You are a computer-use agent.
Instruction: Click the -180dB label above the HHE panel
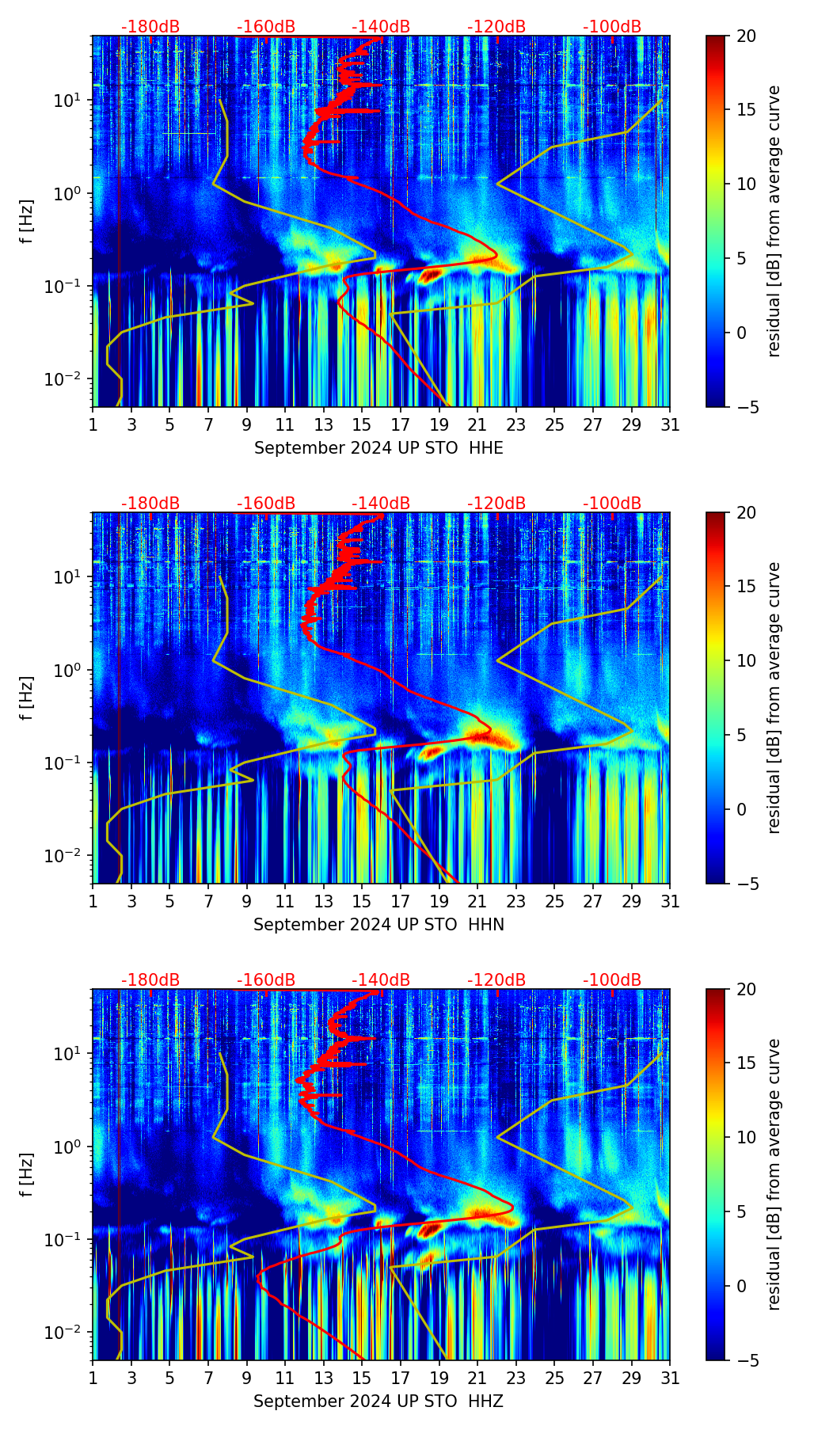coord(150,27)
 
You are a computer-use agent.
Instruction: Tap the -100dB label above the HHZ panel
coord(612,980)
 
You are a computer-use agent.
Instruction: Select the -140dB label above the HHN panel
coord(381,504)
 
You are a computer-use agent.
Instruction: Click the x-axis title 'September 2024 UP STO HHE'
coord(378,448)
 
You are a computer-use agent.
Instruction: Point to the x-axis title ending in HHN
coord(378,925)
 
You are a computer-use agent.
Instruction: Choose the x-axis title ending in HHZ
coord(378,1401)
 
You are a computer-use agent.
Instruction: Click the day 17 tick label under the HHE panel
coord(401,425)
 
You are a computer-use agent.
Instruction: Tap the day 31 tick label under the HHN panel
coord(670,902)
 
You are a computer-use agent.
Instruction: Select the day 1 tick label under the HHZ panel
coord(93,1379)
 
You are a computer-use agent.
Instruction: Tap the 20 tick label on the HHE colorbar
coord(746,36)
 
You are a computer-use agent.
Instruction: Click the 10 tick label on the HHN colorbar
coord(746,660)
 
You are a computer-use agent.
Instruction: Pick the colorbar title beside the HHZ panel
coord(774,1173)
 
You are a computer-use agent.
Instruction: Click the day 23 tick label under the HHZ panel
coord(516,1379)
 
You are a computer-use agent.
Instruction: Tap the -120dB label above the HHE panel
coord(496,27)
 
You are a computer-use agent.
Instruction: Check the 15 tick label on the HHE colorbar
coord(746,110)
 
